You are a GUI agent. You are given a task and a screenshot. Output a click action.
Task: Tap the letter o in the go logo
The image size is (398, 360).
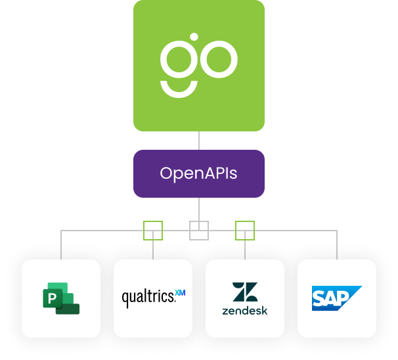tap(220, 60)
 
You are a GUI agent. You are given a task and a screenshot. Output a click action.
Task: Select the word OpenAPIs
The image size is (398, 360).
tap(198, 174)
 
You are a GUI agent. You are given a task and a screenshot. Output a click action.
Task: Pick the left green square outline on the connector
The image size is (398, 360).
tap(153, 230)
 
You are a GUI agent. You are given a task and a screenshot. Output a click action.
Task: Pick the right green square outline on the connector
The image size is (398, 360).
tap(245, 230)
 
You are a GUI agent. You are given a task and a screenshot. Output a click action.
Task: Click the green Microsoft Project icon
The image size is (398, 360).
tap(61, 298)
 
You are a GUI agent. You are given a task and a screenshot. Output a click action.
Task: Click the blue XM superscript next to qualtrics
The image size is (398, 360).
tap(181, 292)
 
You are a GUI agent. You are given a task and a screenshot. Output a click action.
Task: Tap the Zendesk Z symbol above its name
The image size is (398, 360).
tap(245, 292)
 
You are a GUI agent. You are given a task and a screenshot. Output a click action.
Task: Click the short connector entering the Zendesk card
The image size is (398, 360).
tap(245, 250)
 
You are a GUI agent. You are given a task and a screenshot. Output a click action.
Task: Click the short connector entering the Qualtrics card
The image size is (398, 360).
tap(153, 250)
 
